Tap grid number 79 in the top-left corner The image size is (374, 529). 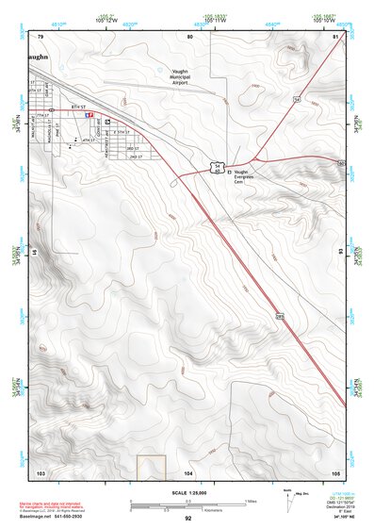coord(41,36)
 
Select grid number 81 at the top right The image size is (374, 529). coord(335,36)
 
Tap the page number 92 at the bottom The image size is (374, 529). coord(187,519)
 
